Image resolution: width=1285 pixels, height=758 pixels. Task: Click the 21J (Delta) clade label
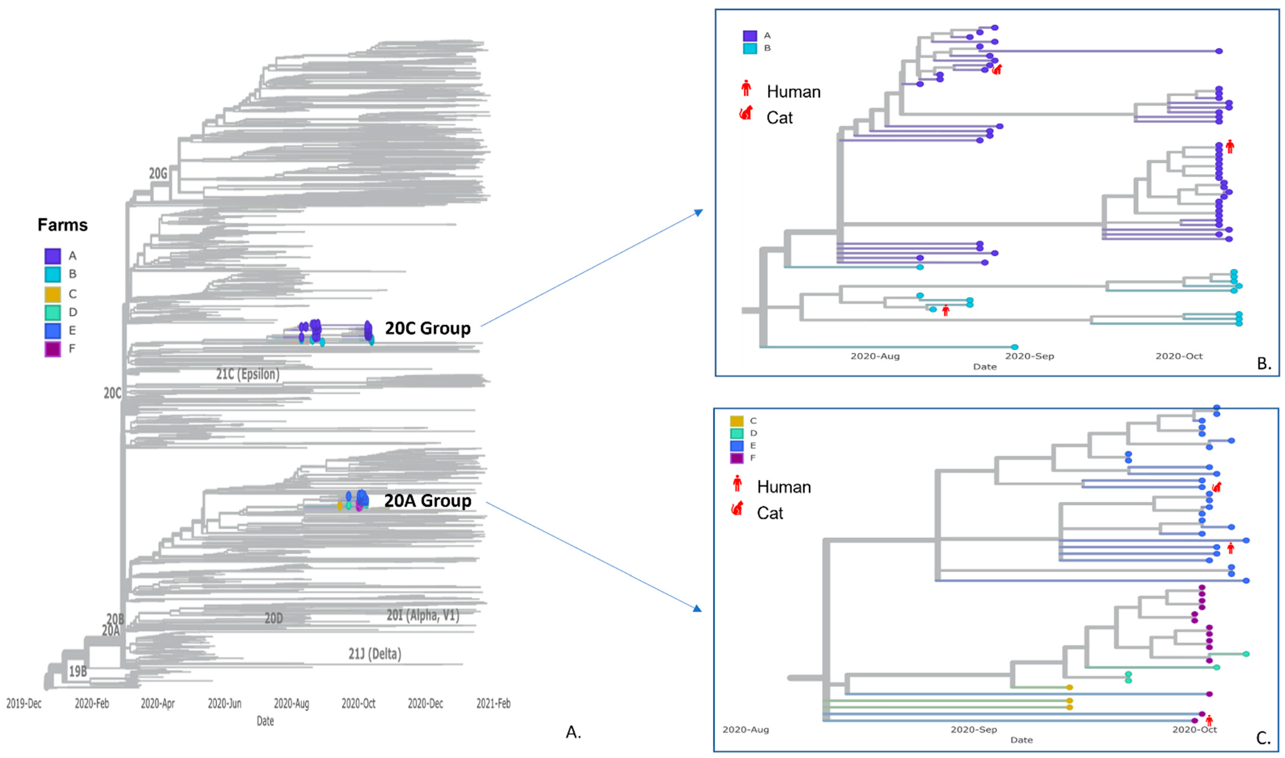click(x=374, y=654)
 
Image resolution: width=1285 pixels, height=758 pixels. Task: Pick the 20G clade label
click(x=158, y=174)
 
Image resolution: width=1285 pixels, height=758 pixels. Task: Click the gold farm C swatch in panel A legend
click(x=53, y=294)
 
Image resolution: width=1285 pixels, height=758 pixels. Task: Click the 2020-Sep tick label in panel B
click(x=1029, y=356)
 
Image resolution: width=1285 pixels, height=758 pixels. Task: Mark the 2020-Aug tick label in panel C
click(x=745, y=729)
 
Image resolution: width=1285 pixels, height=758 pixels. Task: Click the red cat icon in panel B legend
click(x=746, y=113)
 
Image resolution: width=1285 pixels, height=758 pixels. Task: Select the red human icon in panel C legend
click(x=737, y=483)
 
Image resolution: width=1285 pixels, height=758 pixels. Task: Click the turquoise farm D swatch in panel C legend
click(x=737, y=433)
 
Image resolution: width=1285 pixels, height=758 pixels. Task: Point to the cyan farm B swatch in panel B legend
click(x=750, y=48)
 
